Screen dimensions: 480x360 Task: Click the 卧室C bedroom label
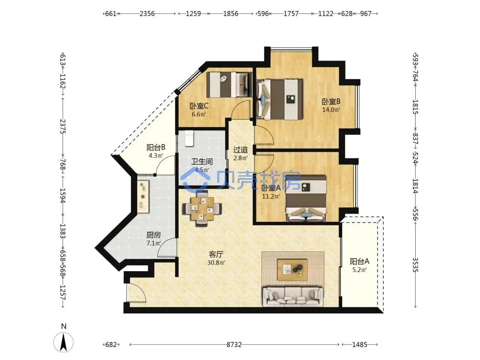tap(199, 106)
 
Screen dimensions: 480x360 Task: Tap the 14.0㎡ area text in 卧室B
tap(331, 109)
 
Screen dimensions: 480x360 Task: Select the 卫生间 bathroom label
tap(202, 162)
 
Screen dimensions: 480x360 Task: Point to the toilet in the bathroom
tap(189, 138)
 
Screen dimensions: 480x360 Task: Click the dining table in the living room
tap(202, 208)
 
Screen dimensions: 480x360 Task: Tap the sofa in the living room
tap(293, 296)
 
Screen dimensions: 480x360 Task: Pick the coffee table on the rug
tap(292, 270)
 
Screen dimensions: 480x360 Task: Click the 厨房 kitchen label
tap(154, 235)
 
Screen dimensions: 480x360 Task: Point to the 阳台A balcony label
tap(360, 262)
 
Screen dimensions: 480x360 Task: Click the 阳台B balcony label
tap(156, 147)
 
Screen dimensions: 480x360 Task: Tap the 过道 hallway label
tap(240, 150)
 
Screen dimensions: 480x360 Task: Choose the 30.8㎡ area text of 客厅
tap(216, 263)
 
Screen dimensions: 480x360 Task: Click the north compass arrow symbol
tap(63, 342)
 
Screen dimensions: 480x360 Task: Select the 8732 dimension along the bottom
tap(234, 345)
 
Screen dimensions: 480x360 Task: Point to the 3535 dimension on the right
tap(415, 265)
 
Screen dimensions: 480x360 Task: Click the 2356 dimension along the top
tap(147, 14)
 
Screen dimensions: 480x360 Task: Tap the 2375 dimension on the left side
tap(63, 126)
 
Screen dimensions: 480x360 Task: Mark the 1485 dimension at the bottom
tap(360, 345)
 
